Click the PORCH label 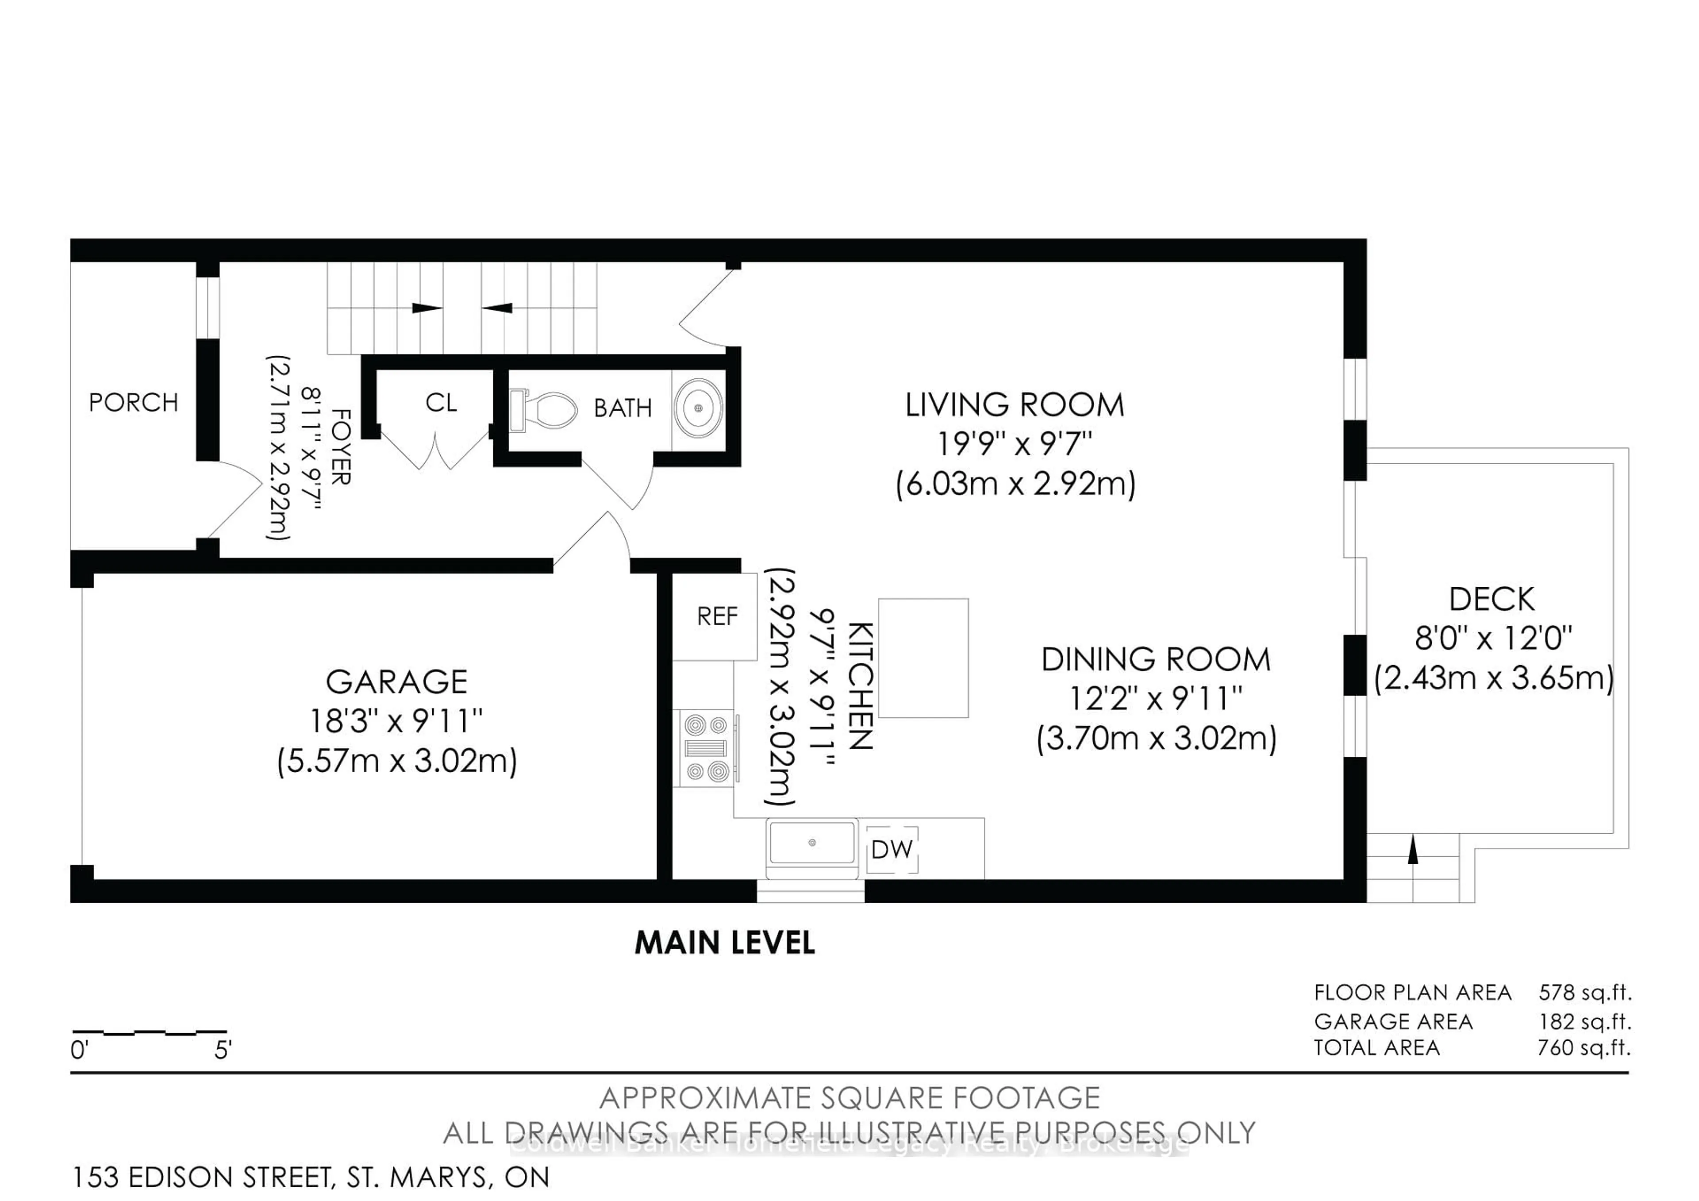[133, 403]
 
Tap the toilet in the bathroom [544, 409]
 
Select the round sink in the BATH [698, 408]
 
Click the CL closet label [441, 403]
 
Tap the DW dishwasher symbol [892, 850]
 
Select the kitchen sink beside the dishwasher [812, 843]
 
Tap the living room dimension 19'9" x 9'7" [1015, 444]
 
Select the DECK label [1492, 599]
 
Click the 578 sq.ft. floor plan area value [1585, 992]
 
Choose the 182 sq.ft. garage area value [1585, 1022]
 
